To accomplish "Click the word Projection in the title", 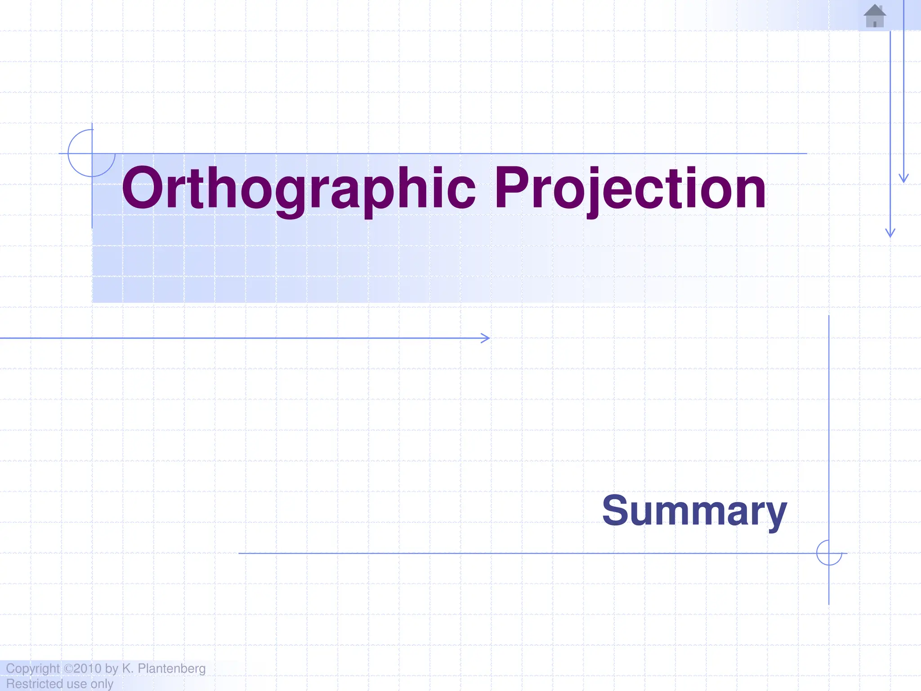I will [630, 189].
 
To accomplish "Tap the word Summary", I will [694, 511].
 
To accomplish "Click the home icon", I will [875, 16].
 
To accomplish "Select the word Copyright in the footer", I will [32, 669].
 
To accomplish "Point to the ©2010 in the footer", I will [83, 669].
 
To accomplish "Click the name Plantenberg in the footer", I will [171, 669].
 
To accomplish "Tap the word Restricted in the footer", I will [34, 684].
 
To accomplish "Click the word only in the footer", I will [102, 684].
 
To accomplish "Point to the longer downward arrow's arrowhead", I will [890, 233].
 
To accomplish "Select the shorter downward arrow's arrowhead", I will [903, 179].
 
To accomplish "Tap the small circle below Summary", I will [829, 553].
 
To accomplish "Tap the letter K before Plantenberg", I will [127, 669].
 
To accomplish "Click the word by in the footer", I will [112, 669].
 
